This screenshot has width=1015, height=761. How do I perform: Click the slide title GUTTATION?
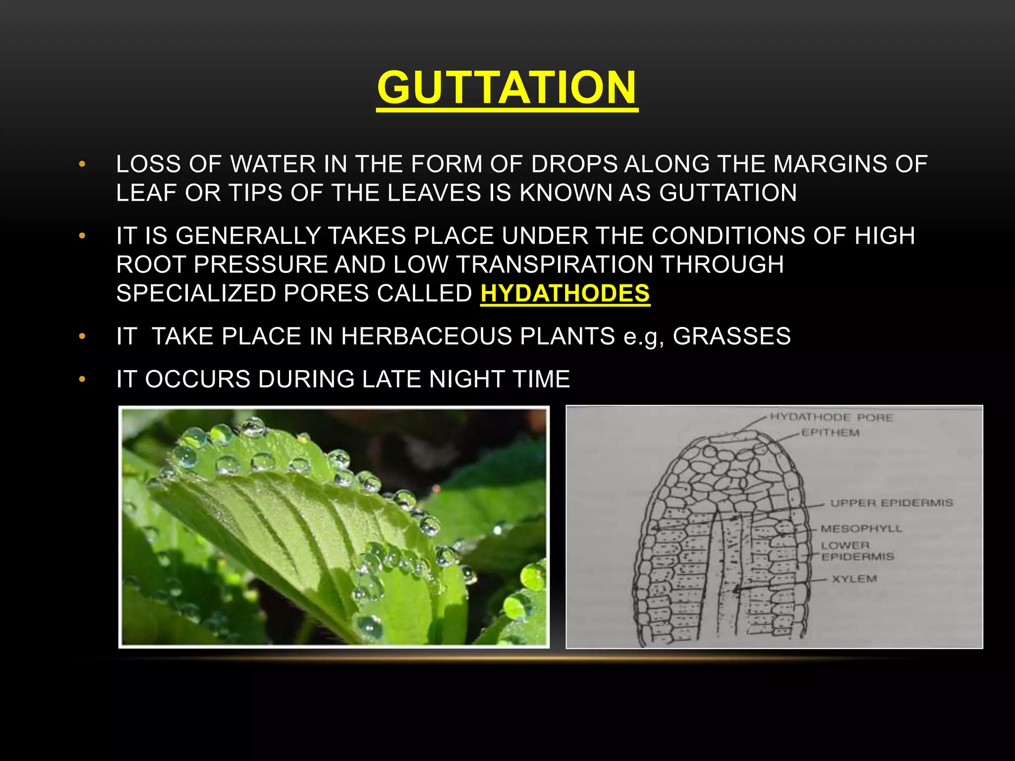point(507,88)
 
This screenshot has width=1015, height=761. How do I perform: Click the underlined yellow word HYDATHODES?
point(565,293)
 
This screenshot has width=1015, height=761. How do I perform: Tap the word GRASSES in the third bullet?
point(732,336)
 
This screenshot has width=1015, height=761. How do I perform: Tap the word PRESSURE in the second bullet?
point(261,265)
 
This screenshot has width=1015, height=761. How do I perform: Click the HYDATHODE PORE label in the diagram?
point(831,418)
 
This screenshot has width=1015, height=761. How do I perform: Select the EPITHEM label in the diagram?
point(830,433)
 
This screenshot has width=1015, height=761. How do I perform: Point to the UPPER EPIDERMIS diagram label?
point(891,503)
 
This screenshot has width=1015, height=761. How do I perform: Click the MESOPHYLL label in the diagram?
point(861,529)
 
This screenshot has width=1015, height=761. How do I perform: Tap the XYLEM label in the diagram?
point(854,579)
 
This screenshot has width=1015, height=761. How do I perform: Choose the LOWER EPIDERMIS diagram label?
point(857,551)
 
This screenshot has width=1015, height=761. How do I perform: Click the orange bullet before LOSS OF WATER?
point(82,164)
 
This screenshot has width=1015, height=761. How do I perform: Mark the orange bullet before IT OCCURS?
point(82,380)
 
